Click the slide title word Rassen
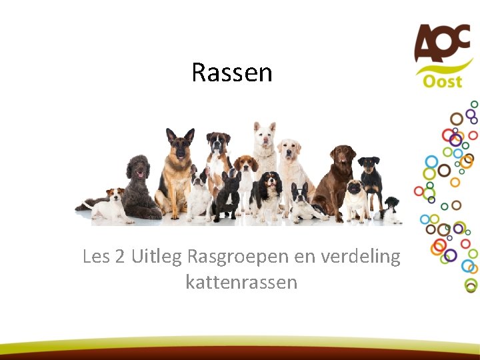coord(232,72)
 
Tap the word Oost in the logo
coord(441,81)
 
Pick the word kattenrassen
coord(241,282)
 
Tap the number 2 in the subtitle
coord(120,257)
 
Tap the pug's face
coord(355,189)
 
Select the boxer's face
coord(218,143)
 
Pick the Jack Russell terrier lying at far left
coord(110,206)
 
